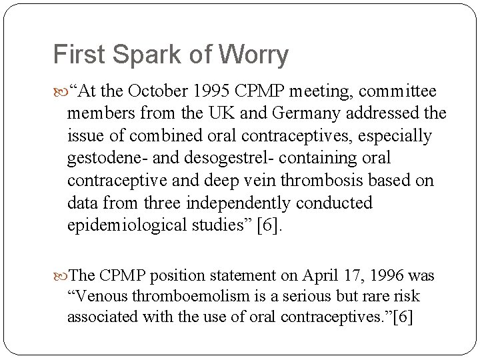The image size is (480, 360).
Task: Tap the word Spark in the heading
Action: tap(139, 55)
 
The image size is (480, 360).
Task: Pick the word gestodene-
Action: tap(99, 158)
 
